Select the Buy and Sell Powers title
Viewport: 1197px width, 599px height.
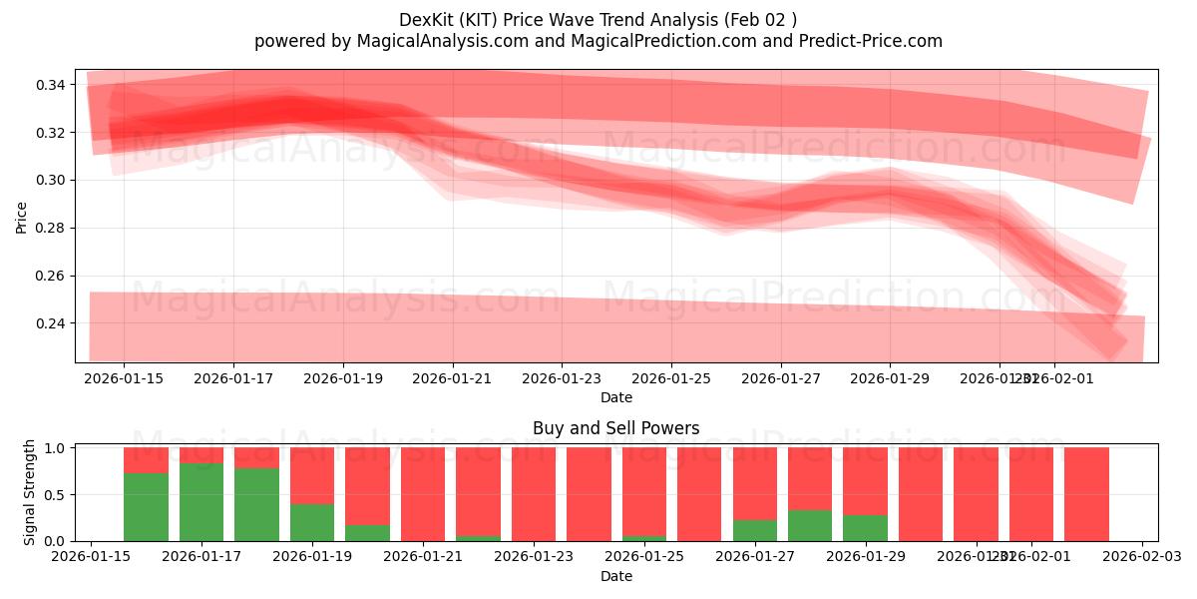pyautogui.click(x=615, y=428)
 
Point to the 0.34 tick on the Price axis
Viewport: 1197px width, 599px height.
pyautogui.click(x=51, y=85)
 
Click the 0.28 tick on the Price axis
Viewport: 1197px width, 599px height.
pyautogui.click(x=51, y=228)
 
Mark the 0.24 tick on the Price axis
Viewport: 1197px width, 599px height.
pyautogui.click(x=51, y=323)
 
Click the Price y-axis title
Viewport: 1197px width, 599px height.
pyautogui.click(x=21, y=217)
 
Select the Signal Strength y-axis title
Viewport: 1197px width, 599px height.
pyautogui.click(x=30, y=491)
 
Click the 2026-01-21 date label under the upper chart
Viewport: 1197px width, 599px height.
pyautogui.click(x=453, y=378)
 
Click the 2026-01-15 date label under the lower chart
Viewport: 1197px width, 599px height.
pyautogui.click(x=92, y=557)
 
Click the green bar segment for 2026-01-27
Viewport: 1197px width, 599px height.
pyautogui.click(x=754, y=530)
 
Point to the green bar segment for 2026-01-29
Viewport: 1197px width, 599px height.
pyautogui.click(x=865, y=527)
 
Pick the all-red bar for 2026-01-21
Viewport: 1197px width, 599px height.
pyautogui.click(x=423, y=494)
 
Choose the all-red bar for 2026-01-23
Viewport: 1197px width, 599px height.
pyautogui.click(x=533, y=494)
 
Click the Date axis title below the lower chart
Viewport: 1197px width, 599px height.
pyautogui.click(x=615, y=576)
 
